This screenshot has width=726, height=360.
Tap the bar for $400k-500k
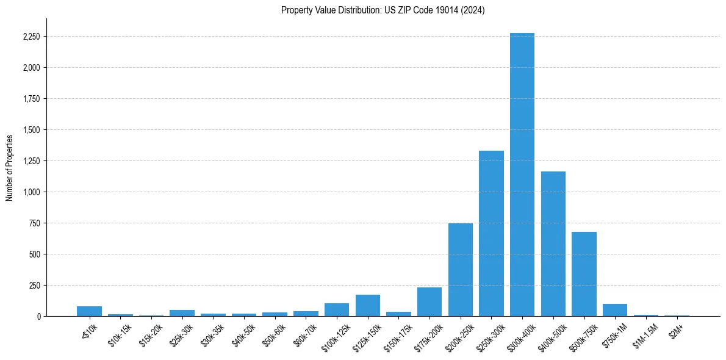[x=553, y=244]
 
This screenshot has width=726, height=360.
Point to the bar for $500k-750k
[x=584, y=274]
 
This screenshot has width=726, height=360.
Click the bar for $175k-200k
[x=429, y=302]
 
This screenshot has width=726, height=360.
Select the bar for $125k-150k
[x=368, y=306]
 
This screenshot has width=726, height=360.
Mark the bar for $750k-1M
[x=615, y=310]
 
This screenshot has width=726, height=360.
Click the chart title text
[x=383, y=10]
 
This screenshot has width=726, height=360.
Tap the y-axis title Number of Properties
[x=10, y=167]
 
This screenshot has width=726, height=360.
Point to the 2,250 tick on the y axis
[x=31, y=37]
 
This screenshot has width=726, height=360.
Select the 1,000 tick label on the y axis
[x=31, y=192]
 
